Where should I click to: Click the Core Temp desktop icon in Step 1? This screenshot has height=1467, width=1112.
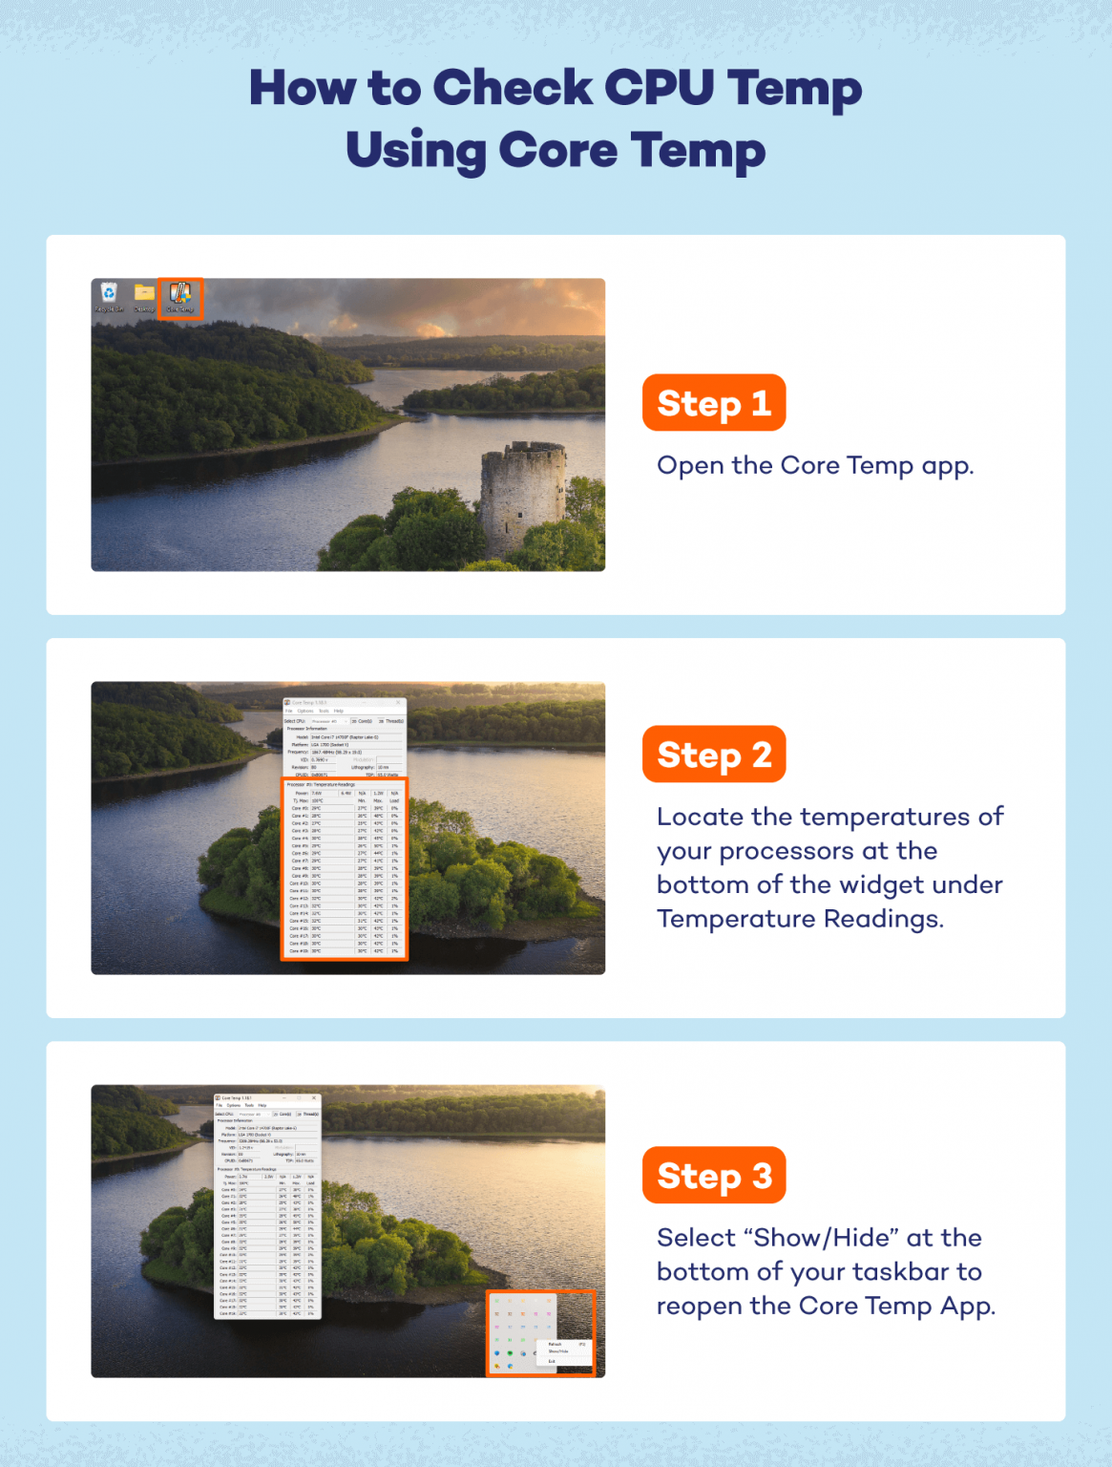tap(179, 297)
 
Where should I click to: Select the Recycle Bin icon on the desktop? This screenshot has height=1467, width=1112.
tap(109, 296)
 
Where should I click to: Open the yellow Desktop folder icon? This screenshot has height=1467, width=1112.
tap(144, 296)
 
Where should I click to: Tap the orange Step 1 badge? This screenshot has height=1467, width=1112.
tap(713, 403)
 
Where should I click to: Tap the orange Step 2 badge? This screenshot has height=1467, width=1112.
tap(713, 755)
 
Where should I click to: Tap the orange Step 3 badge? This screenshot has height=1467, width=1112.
tap(713, 1176)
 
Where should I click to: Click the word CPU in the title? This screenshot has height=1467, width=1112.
tap(659, 88)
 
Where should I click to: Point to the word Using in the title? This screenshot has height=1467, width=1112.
tap(414, 151)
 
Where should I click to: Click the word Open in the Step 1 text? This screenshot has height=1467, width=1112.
tap(689, 466)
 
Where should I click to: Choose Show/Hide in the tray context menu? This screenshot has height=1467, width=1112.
tap(558, 1351)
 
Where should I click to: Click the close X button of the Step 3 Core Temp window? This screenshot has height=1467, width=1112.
tap(314, 1098)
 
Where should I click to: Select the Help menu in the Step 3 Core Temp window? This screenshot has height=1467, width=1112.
tap(262, 1106)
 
